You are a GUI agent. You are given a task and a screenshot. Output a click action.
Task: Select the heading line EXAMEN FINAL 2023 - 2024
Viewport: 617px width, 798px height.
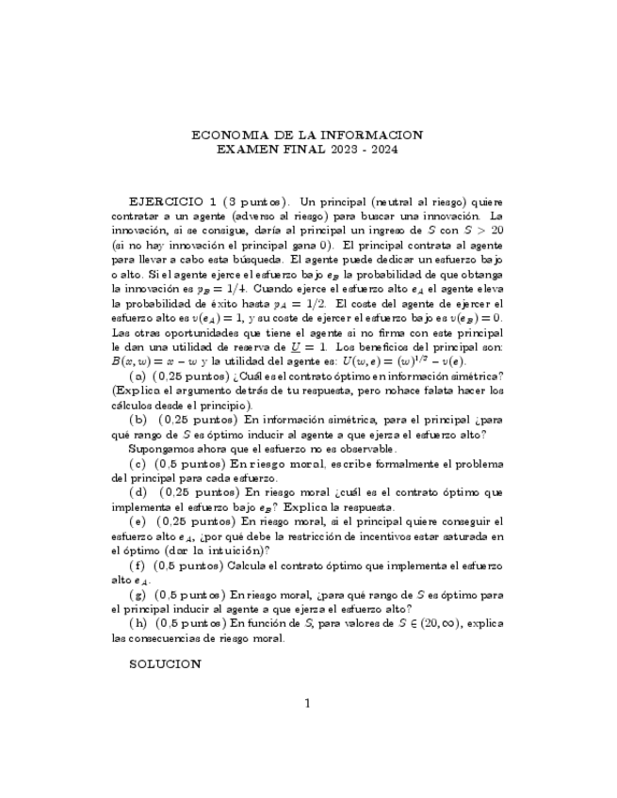pyautogui.click(x=307, y=150)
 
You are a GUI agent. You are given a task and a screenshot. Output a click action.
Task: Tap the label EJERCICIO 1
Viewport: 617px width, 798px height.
pyautogui.click(x=173, y=201)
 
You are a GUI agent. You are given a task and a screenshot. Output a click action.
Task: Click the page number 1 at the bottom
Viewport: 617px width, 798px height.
pyautogui.click(x=307, y=702)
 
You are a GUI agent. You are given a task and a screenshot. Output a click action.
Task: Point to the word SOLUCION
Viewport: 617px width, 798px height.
pyautogui.click(x=165, y=663)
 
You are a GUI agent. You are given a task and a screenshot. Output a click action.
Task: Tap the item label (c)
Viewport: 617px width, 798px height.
pyautogui.click(x=138, y=463)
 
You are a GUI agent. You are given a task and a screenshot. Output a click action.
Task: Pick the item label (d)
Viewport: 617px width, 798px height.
pyautogui.click(x=138, y=491)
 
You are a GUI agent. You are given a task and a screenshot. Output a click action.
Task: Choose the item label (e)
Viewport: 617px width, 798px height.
pyautogui.click(x=138, y=520)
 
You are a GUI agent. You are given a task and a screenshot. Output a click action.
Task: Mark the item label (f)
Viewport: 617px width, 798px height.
pyautogui.click(x=138, y=565)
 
